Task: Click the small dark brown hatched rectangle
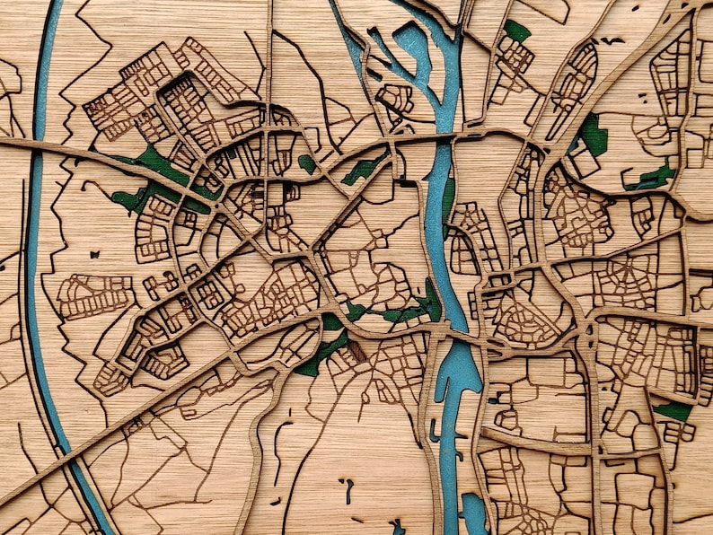coord(357,351)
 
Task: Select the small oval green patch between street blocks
coord(307,163)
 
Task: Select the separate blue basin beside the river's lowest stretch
coord(472,512)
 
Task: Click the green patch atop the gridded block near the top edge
coord(516,31)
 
